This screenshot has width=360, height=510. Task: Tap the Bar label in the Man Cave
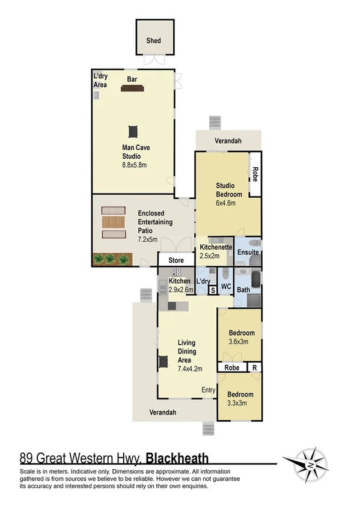pos(132,79)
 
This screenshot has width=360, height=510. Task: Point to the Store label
pos(175,260)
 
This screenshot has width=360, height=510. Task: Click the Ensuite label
pos(248,253)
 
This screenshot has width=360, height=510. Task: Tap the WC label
pos(227,286)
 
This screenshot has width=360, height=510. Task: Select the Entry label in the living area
pos(208,390)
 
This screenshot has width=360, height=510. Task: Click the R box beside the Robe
pos(255,367)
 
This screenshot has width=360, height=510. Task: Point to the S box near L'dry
pos(213,290)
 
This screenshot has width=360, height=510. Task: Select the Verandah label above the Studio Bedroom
pos(228,141)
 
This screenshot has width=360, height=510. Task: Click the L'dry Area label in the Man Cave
pos(100,81)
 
